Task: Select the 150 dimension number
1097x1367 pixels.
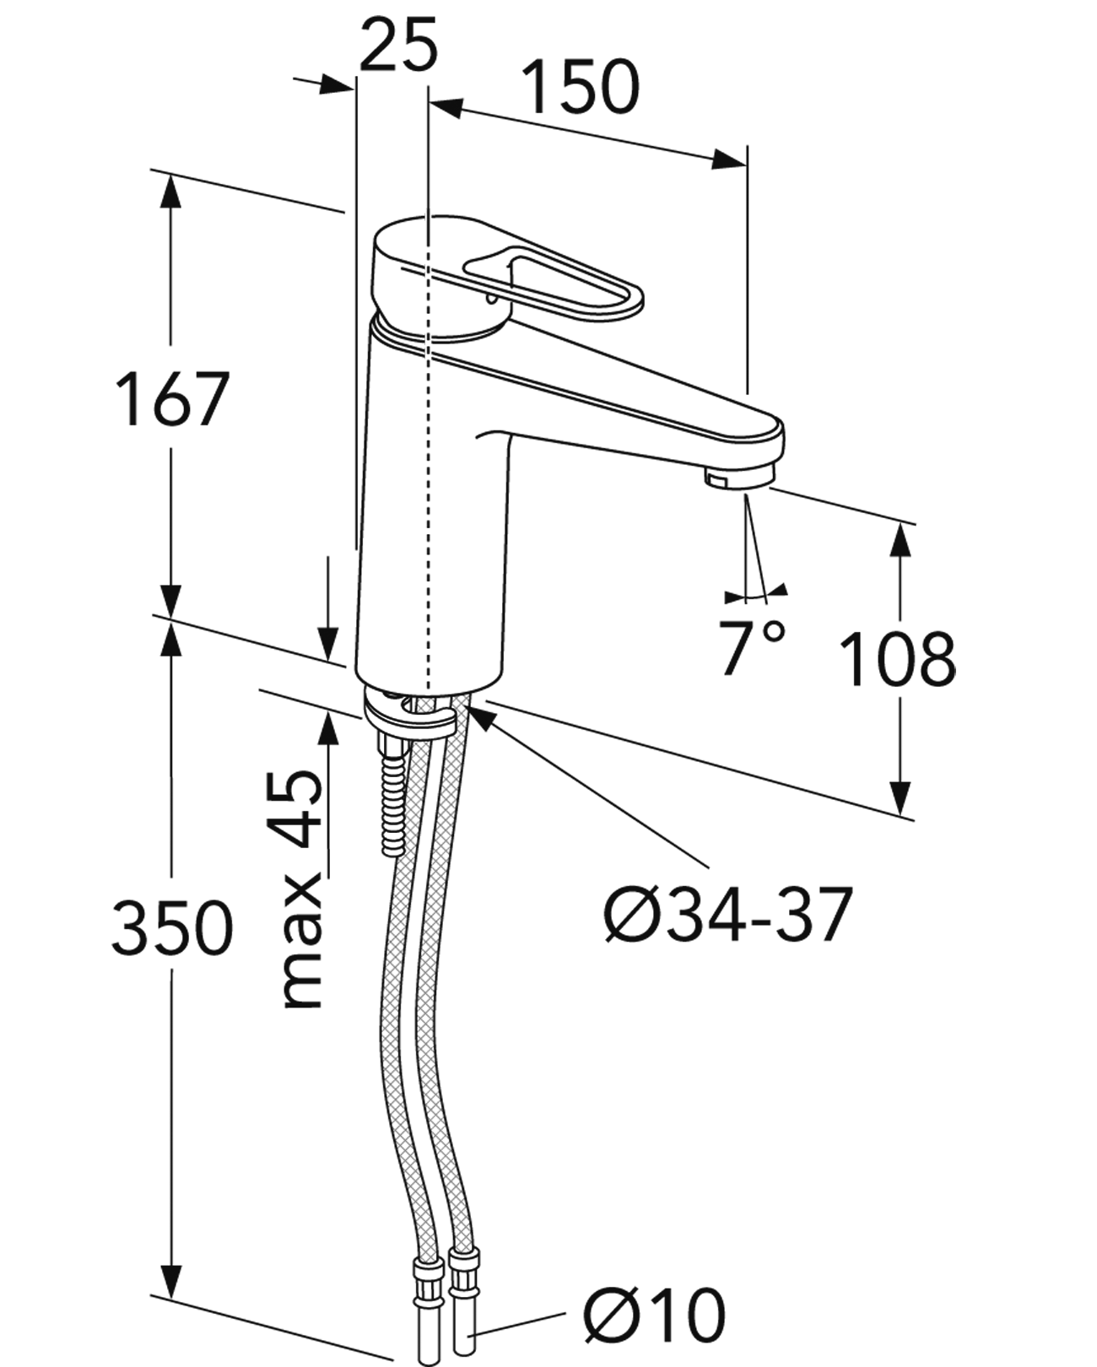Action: (581, 87)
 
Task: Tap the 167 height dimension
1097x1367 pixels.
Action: (172, 398)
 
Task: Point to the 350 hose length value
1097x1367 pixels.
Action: (172, 927)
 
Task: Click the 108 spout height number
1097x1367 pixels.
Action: (900, 658)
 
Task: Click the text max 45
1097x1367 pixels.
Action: (302, 890)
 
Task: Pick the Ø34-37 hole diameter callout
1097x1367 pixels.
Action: (728, 915)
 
